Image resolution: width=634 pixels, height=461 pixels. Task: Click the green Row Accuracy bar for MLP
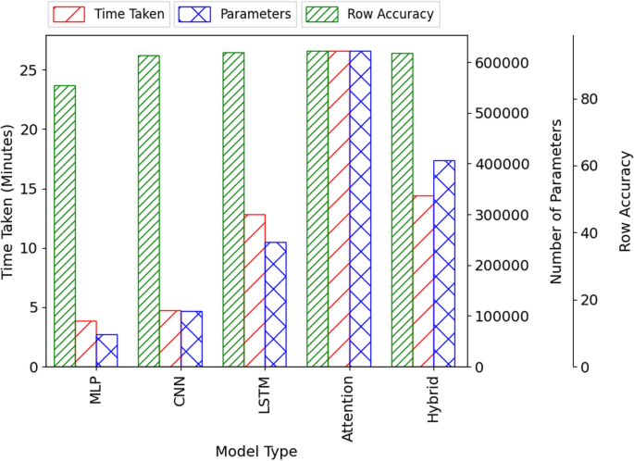pyautogui.click(x=65, y=226)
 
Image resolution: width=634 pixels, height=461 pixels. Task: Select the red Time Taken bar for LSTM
pyautogui.click(x=255, y=291)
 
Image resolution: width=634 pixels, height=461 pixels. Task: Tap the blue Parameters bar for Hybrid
pyautogui.click(x=444, y=264)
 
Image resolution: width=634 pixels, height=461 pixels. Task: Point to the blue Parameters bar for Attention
pyautogui.click(x=360, y=208)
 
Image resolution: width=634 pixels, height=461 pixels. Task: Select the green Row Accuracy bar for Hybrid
pyautogui.click(x=402, y=210)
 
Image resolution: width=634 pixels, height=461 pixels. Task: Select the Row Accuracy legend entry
pyautogui.click(x=376, y=14)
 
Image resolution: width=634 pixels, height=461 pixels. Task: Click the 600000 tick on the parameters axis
pyautogui.click(x=501, y=63)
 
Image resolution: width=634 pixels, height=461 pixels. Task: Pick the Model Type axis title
pyautogui.click(x=256, y=451)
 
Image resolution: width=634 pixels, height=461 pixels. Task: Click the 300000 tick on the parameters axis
pyautogui.click(x=501, y=215)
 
